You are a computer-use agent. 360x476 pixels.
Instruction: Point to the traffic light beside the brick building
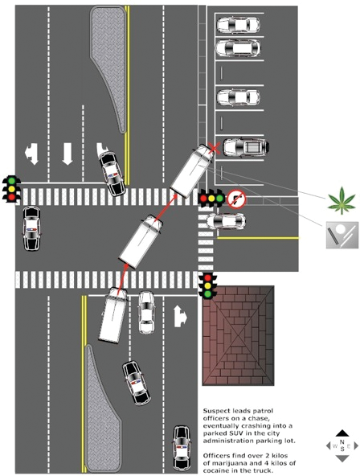point(209,285)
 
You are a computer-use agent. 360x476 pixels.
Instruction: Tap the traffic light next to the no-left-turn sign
point(211,198)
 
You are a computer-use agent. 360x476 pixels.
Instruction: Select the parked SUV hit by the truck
point(243,148)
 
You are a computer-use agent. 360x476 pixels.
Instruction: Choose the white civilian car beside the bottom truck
point(146,312)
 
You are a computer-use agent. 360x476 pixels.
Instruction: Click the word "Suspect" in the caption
point(217,410)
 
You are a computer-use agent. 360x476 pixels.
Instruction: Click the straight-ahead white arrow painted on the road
point(67,154)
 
